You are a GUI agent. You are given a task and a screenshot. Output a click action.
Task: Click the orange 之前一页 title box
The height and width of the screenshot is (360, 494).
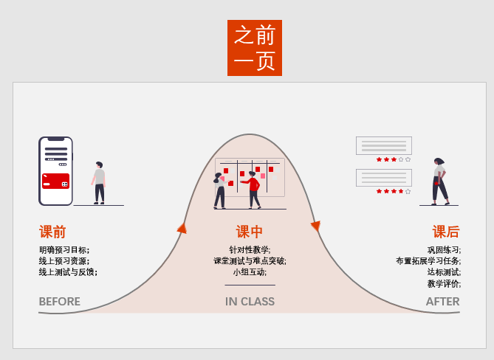point(255,48)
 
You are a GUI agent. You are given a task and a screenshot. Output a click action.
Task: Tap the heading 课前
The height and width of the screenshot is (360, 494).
point(52,232)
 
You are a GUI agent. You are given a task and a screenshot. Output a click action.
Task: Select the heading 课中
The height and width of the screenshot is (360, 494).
point(250,232)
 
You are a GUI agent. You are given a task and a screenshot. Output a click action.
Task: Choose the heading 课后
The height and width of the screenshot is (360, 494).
point(446,232)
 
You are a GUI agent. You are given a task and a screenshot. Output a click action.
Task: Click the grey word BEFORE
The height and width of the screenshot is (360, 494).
point(60,301)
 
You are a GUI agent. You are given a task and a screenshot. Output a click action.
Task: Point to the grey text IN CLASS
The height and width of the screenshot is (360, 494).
point(250,301)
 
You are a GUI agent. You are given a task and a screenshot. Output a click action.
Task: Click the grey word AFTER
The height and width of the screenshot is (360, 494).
point(442,301)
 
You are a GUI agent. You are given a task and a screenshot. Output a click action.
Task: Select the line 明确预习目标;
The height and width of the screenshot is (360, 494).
point(64,250)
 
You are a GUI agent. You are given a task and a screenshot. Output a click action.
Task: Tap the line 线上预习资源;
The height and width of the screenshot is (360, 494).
point(64,261)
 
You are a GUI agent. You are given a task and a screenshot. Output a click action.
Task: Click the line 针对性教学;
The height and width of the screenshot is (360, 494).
point(250,250)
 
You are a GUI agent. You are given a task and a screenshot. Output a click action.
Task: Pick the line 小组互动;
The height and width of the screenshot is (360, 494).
point(250,272)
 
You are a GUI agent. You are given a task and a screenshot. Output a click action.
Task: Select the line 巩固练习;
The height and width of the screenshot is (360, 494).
point(444,250)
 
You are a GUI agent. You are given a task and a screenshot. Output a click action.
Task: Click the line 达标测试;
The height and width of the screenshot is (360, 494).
point(444,272)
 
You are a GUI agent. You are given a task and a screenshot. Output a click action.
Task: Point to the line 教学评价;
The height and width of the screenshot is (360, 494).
point(444,283)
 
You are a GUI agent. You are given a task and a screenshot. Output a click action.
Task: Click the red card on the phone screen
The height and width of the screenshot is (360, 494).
point(55,181)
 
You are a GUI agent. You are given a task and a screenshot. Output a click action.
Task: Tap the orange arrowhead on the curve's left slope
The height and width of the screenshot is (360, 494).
point(182,229)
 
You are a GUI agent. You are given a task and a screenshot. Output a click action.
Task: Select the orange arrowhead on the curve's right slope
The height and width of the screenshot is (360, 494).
point(315,226)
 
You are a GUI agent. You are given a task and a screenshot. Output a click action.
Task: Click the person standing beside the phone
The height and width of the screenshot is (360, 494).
point(99,182)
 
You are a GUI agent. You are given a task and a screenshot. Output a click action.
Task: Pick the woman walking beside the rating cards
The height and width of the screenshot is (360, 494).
point(439,181)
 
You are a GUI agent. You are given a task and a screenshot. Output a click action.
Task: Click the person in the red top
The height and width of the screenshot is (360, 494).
point(254,189)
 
